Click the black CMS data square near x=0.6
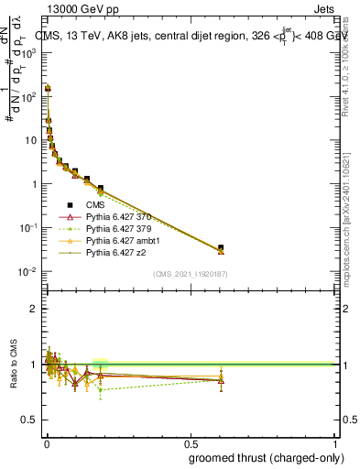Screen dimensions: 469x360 [220, 247]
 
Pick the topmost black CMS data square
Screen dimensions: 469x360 [47, 88]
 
